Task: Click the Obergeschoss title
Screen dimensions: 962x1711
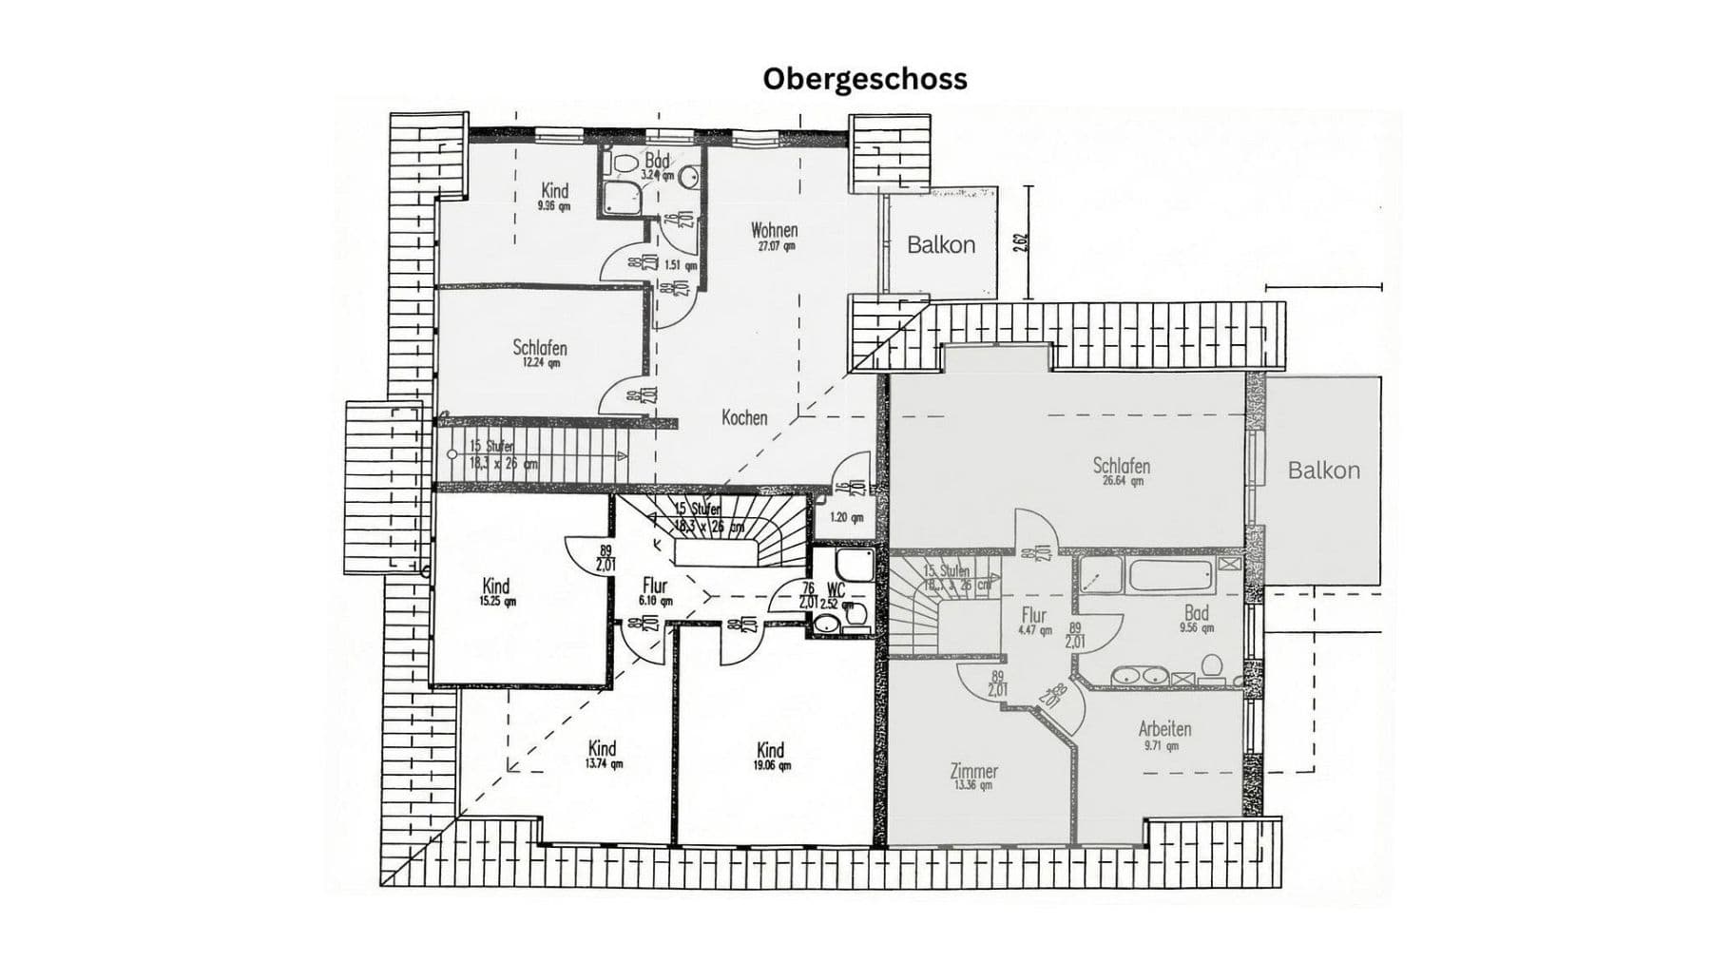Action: click(x=864, y=78)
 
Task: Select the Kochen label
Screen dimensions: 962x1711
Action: click(x=744, y=417)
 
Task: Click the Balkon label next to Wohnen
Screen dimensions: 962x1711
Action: click(x=940, y=245)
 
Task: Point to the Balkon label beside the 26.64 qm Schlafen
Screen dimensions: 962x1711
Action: click(x=1323, y=471)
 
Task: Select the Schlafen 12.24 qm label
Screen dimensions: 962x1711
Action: click(x=539, y=353)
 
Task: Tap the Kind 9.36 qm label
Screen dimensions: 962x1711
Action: click(x=554, y=196)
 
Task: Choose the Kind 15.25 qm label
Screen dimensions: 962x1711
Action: click(x=496, y=592)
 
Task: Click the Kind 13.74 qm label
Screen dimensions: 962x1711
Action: click(x=603, y=754)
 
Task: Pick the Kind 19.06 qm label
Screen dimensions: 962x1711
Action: click(x=771, y=755)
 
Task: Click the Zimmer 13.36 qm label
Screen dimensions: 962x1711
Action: click(x=973, y=776)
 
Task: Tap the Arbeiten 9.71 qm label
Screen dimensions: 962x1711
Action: click(x=1164, y=736)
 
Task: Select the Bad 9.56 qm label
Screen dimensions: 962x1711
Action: click(x=1196, y=619)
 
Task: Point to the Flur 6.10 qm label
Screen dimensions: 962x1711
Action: click(x=655, y=592)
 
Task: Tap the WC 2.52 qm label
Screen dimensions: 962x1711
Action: click(x=835, y=596)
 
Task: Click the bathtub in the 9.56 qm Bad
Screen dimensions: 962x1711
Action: click(x=1169, y=575)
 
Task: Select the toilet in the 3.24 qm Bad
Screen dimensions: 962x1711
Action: click(x=625, y=164)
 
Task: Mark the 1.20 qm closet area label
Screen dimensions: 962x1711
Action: click(x=846, y=518)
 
